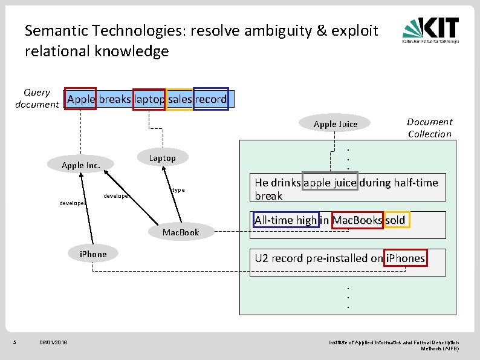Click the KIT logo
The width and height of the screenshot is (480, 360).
(431, 30)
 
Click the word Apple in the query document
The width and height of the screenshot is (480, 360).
(81, 99)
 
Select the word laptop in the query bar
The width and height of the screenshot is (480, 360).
(149, 99)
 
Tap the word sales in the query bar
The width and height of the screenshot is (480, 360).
(180, 99)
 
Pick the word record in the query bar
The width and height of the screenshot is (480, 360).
(210, 99)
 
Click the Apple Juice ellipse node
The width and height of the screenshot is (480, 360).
(336, 124)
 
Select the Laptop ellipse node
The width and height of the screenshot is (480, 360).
(162, 158)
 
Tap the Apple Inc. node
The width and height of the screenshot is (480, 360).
(81, 165)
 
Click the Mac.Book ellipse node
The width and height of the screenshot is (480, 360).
(180, 232)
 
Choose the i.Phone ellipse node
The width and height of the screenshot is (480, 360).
(92, 254)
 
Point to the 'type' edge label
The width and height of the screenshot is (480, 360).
(178, 190)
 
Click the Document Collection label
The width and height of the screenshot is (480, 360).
(429, 128)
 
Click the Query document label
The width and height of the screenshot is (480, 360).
(37, 98)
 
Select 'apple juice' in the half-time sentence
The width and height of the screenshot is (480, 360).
(331, 183)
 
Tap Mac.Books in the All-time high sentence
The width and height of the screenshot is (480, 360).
(357, 220)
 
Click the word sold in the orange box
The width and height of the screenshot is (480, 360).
(395, 220)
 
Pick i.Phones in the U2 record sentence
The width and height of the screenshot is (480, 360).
(405, 258)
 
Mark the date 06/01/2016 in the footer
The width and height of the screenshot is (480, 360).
(53, 343)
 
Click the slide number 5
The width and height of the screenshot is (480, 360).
(15, 343)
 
